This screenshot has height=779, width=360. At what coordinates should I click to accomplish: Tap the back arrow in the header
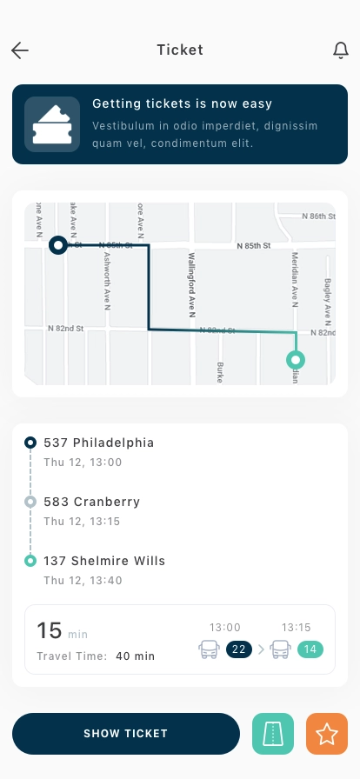20,50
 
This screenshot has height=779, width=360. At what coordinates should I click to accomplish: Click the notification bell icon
341,50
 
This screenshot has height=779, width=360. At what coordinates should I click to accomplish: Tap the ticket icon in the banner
52,124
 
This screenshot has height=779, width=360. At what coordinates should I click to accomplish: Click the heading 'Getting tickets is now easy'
183,105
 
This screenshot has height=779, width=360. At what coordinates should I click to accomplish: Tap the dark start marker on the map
58,246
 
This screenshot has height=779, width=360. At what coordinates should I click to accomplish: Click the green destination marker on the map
297,359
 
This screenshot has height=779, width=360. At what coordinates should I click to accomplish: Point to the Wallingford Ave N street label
193,284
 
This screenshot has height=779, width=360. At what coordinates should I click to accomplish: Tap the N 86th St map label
317,215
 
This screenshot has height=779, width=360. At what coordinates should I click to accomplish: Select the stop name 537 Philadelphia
98,443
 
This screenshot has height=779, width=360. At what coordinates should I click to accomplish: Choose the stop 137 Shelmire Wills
104,561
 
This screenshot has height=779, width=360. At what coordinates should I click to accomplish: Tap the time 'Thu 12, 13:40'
83,580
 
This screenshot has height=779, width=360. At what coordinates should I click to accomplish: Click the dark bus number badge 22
239,649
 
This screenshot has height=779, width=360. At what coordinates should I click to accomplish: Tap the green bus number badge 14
310,649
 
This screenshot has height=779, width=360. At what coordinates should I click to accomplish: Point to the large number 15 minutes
49,631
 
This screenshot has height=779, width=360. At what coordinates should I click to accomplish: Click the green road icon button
273,734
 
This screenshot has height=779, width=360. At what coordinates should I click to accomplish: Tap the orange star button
327,734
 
